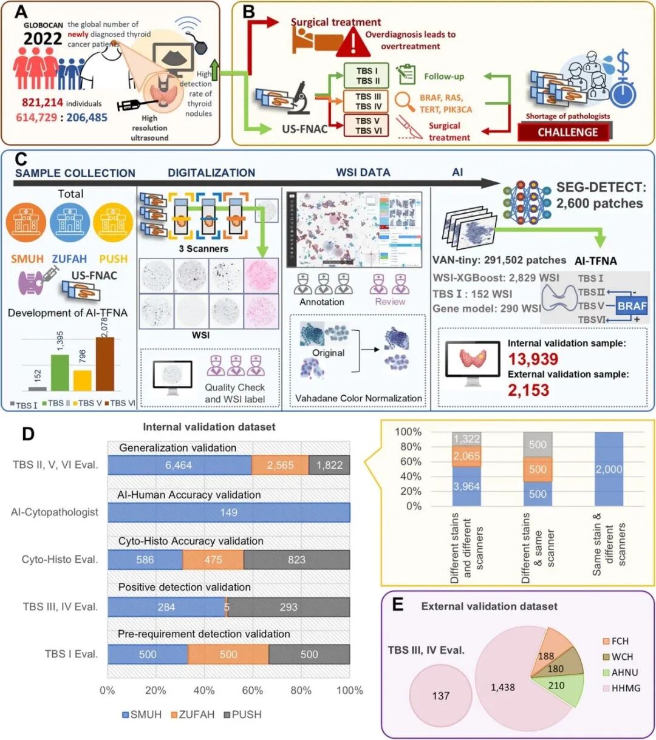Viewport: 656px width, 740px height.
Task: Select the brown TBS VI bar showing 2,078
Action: pos(105,364)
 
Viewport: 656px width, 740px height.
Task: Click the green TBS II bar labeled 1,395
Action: pos(60,372)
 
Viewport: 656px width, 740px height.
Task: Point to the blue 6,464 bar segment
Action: pos(179,466)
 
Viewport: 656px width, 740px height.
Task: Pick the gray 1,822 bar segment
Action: pos(330,466)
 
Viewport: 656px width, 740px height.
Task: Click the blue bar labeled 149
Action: pos(228,512)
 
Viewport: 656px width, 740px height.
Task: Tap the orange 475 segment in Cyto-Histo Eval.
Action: pos(213,560)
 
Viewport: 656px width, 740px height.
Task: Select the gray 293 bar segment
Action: pos(289,606)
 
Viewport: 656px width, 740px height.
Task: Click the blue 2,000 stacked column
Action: pos(608,469)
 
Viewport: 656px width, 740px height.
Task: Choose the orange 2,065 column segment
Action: pos(466,456)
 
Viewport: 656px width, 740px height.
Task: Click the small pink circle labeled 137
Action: pos(440,695)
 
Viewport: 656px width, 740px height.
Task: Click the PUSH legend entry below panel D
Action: pos(240,715)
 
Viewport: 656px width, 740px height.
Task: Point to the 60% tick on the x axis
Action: pos(253,690)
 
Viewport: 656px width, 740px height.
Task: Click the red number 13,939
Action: pos(533,359)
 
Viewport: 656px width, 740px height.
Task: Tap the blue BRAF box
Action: pos(632,306)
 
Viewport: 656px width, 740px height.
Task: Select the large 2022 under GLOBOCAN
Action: pos(43,39)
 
